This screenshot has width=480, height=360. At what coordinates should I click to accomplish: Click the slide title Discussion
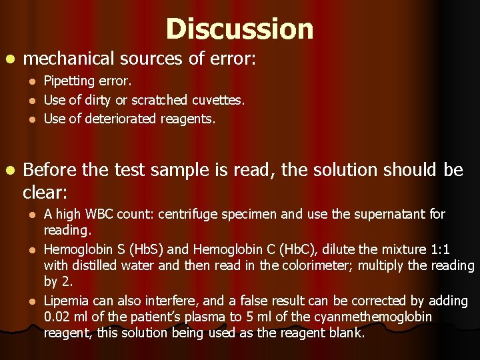pos(239,29)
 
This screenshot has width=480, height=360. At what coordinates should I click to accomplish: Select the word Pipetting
pos(67,82)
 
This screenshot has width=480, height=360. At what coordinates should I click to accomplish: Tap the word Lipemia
pos(65,301)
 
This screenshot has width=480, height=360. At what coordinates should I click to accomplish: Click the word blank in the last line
pos(348,333)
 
